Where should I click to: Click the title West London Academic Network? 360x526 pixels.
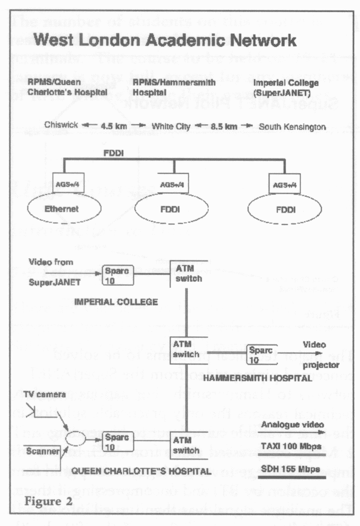(x=164, y=41)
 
